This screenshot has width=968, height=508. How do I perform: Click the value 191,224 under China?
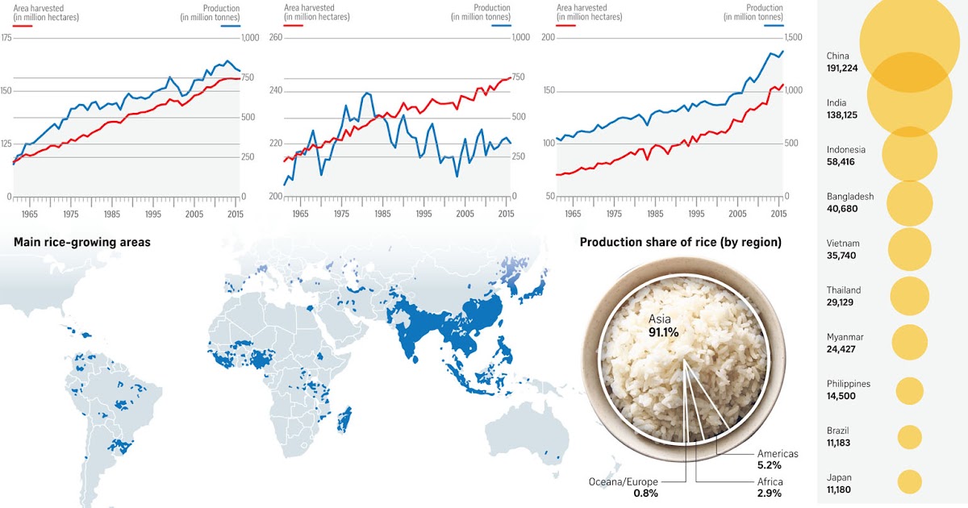[x=841, y=69]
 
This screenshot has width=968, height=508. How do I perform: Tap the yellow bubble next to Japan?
[x=909, y=481]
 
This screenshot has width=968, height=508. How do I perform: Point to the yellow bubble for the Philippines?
[x=909, y=391]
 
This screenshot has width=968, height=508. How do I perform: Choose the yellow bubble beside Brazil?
[x=909, y=437]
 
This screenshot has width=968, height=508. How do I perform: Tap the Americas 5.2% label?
[x=777, y=460]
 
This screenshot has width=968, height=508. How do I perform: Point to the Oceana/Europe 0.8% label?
[x=622, y=488]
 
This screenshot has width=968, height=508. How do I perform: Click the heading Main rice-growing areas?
[x=82, y=242]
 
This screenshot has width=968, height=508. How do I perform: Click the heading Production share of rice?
[x=680, y=242]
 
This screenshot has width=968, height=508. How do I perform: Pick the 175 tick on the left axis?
[x=6, y=38]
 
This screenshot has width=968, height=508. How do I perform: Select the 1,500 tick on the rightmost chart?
[x=795, y=38]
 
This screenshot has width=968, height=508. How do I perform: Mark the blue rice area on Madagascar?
[x=344, y=418]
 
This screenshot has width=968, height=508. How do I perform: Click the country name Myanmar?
[x=845, y=337]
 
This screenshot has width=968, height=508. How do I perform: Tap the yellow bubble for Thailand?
[x=910, y=296]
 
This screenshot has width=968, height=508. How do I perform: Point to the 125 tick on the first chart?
[x=6, y=144]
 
